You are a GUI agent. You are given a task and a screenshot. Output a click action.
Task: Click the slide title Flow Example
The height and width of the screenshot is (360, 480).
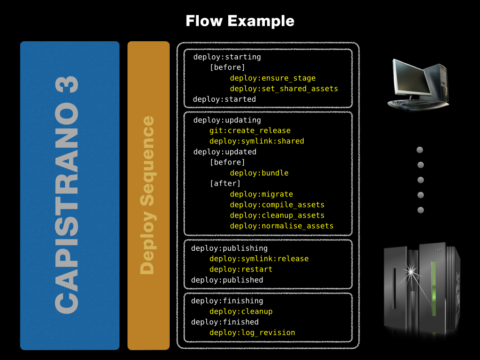point(240,21)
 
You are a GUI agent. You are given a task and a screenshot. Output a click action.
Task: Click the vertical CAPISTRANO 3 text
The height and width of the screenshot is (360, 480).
point(67,195)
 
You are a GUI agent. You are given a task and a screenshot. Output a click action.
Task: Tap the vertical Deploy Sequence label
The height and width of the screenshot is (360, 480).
point(148,195)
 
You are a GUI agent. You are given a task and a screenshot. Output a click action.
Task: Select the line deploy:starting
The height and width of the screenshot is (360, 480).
point(227,57)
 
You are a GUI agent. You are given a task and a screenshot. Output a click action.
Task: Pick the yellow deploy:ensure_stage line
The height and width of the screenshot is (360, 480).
point(272,78)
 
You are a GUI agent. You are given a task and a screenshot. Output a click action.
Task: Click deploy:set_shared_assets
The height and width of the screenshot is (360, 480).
point(284,89)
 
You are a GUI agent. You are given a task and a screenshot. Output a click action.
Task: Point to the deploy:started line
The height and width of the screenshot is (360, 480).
point(224,99)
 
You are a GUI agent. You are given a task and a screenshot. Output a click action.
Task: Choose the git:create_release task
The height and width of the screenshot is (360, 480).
point(250,131)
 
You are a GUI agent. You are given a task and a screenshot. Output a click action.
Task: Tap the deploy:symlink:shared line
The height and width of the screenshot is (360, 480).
point(256,141)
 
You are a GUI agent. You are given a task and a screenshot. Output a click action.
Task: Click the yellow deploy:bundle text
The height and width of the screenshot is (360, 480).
point(259,173)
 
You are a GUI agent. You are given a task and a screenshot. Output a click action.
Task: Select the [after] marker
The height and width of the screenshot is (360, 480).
point(225,183)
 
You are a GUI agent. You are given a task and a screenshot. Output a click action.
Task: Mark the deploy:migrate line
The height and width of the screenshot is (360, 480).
point(261,194)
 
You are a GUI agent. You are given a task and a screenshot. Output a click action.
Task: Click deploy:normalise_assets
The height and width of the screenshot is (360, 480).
point(281,226)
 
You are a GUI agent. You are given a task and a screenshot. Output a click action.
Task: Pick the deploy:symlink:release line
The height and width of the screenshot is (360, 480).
point(259,259)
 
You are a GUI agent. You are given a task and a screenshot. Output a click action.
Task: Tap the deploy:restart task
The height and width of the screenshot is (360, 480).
point(240,269)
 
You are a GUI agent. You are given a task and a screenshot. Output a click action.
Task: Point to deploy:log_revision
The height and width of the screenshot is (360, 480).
point(252,333)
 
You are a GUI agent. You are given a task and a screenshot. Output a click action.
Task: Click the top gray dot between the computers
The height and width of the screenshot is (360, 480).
point(420,150)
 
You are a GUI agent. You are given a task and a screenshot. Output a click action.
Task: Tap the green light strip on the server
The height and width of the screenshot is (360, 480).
point(434,288)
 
